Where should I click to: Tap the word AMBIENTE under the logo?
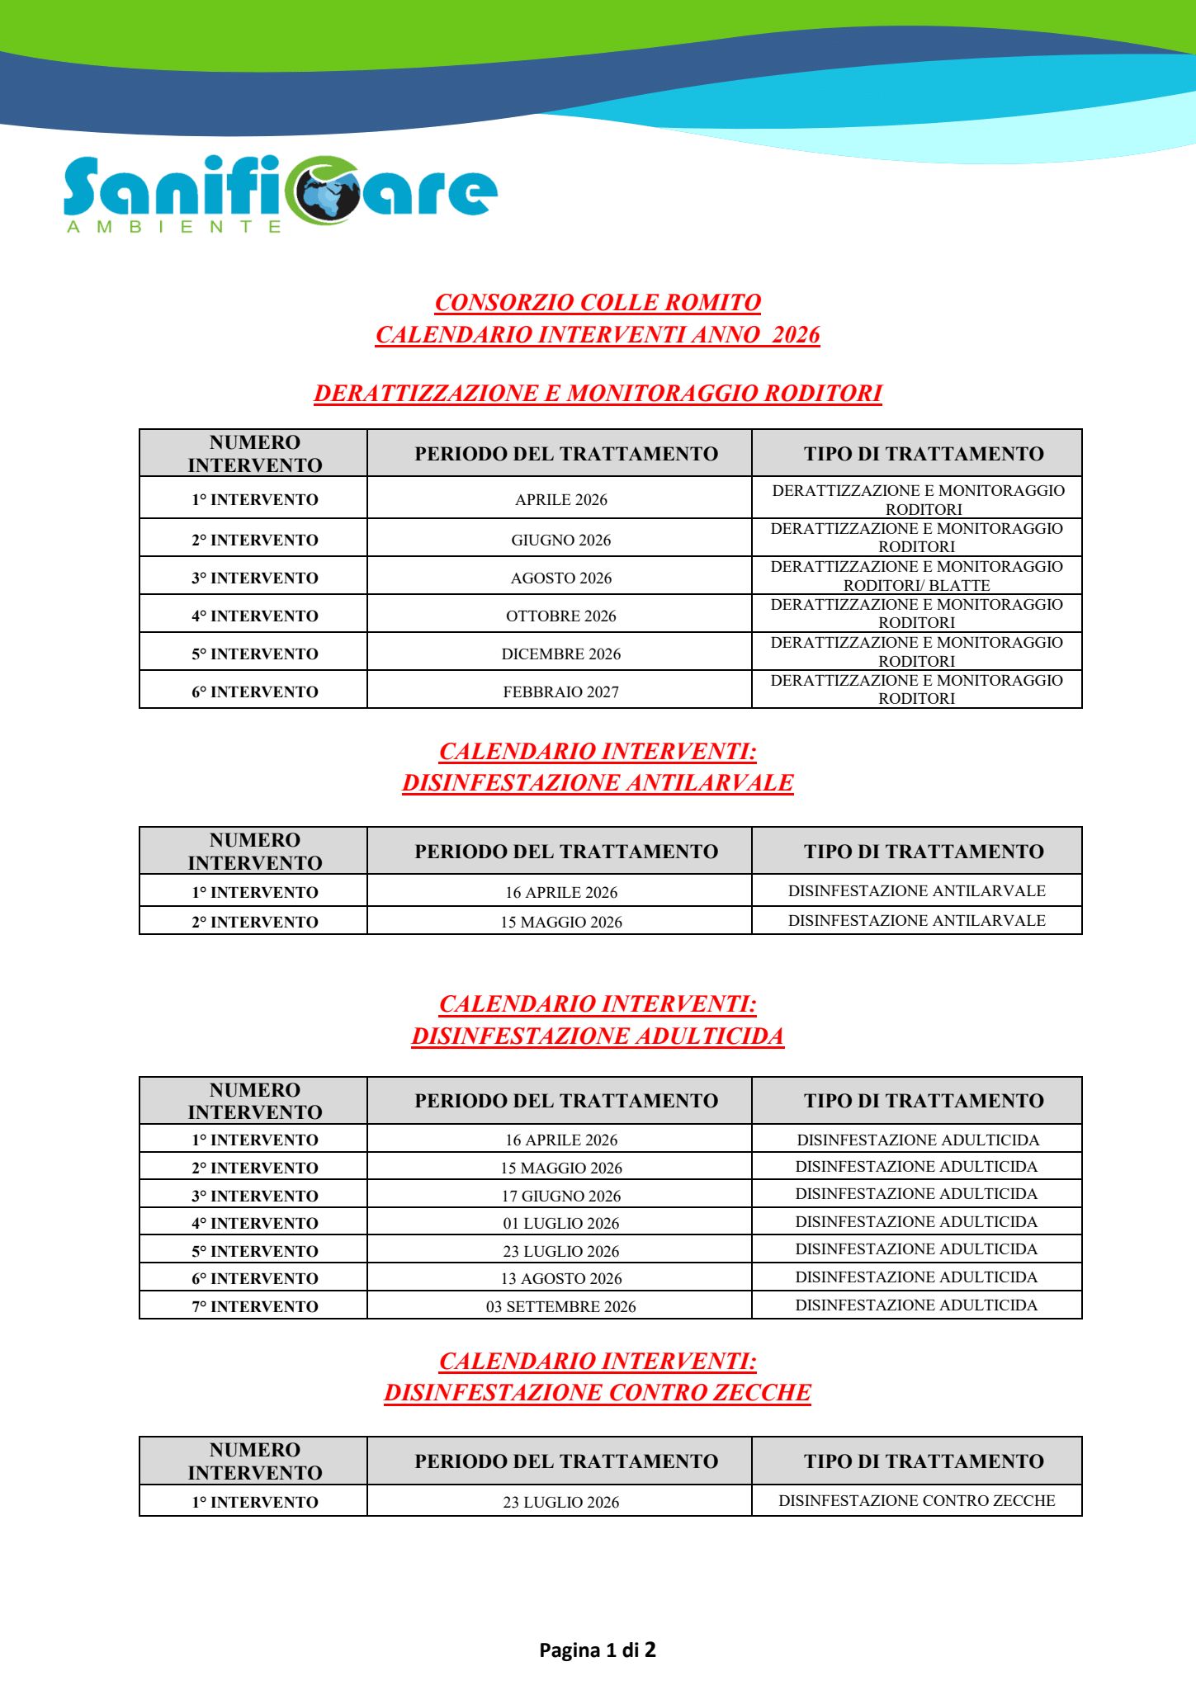pyautogui.click(x=174, y=227)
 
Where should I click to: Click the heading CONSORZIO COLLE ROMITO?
pyautogui.click(x=598, y=303)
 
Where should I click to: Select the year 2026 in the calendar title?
pyautogui.click(x=796, y=335)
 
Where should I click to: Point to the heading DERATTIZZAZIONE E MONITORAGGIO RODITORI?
pyautogui.click(x=598, y=394)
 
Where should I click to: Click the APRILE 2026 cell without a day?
pyautogui.click(x=560, y=499)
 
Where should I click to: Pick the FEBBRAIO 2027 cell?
pyautogui.click(x=560, y=692)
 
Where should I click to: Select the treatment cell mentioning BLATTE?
pyautogui.click(x=916, y=576)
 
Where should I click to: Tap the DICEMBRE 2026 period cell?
pyautogui.click(x=560, y=654)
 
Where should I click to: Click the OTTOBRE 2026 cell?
pyautogui.click(x=560, y=616)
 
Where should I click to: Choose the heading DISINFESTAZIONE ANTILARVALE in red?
pyautogui.click(x=598, y=783)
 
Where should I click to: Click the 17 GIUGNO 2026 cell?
pyautogui.click(x=560, y=1196)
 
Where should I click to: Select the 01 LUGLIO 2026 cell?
pyautogui.click(x=560, y=1223)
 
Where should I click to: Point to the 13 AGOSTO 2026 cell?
pyautogui.click(x=560, y=1278)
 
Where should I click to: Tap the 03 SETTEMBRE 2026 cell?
pyautogui.click(x=560, y=1306)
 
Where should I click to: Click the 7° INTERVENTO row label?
pyautogui.click(x=255, y=1306)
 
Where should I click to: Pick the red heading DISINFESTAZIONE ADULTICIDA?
pyautogui.click(x=598, y=1036)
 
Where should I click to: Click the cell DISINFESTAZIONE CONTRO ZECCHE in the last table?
pyautogui.click(x=916, y=1500)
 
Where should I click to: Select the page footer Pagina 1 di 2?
pyautogui.click(x=598, y=1650)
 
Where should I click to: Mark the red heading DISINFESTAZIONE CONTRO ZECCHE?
pyautogui.click(x=598, y=1393)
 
